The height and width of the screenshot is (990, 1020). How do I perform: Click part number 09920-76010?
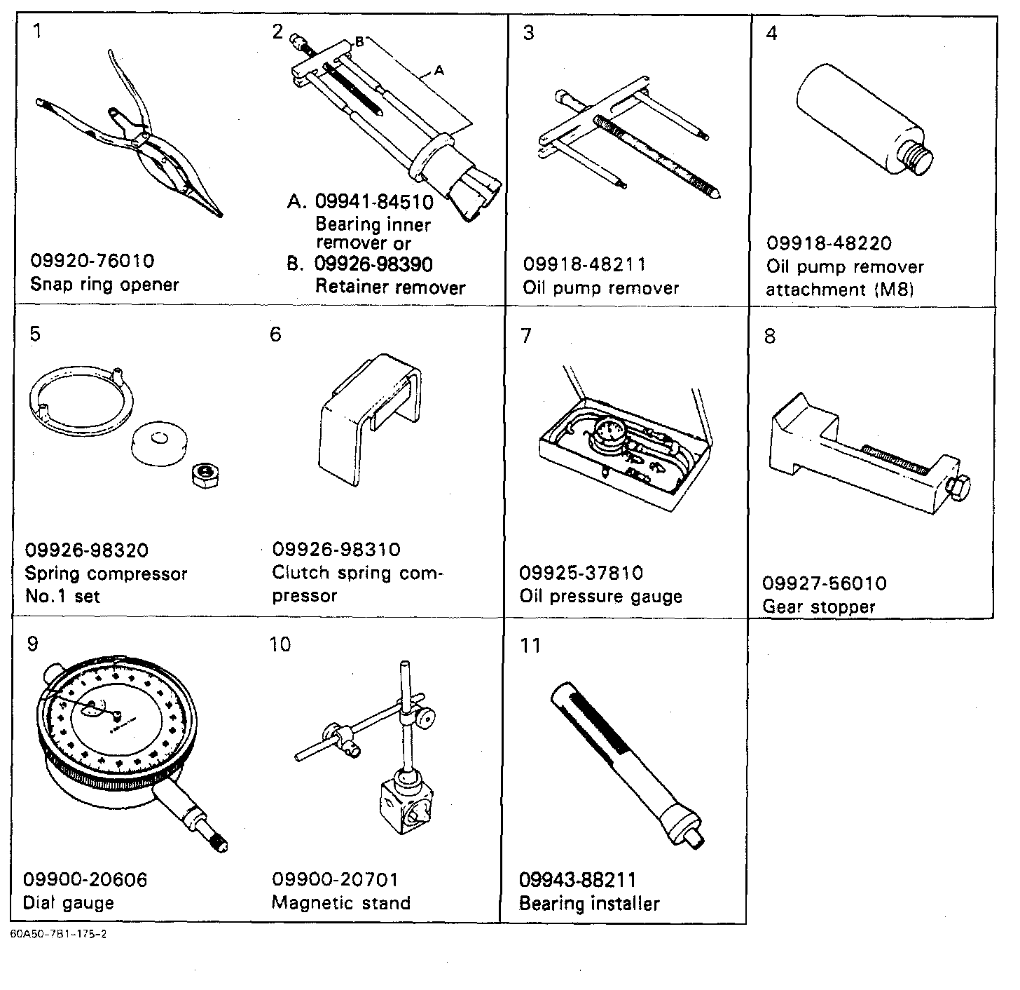pyautogui.click(x=92, y=261)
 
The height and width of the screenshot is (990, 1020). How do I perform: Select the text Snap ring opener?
pyautogui.click(x=104, y=285)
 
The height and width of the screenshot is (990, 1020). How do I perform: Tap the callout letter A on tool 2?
pyautogui.click(x=439, y=70)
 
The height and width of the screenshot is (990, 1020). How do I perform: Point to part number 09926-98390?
pyautogui.click(x=373, y=264)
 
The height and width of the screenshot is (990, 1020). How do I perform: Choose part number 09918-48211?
pyautogui.click(x=584, y=264)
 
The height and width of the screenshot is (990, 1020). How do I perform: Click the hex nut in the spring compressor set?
pyautogui.click(x=206, y=475)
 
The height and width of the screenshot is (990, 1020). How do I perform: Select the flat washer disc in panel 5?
pyautogui.click(x=159, y=443)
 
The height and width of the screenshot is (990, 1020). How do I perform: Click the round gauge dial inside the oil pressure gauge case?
pyautogui.click(x=609, y=432)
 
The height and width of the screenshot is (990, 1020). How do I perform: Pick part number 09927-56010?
pyautogui.click(x=825, y=583)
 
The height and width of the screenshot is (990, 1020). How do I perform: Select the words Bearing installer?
pyautogui.click(x=589, y=904)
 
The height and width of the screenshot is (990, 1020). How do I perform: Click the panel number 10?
pyautogui.click(x=280, y=644)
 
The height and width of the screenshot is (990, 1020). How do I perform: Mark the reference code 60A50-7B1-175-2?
pyautogui.click(x=58, y=934)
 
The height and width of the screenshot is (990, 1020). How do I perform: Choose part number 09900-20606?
pyautogui.click(x=85, y=879)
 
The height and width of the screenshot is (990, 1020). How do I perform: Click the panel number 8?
pyautogui.click(x=769, y=337)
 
